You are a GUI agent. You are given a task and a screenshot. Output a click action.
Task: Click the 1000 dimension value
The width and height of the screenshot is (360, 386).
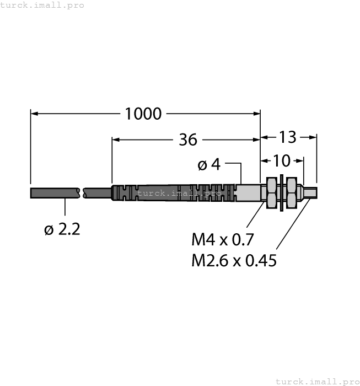click(143, 114)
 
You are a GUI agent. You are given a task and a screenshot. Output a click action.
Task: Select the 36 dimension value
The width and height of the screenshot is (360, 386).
click(188, 140)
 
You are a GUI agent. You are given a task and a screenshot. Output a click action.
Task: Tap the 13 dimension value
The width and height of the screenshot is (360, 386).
click(288, 137)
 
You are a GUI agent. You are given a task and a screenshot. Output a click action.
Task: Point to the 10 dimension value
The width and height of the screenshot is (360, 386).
click(281, 160)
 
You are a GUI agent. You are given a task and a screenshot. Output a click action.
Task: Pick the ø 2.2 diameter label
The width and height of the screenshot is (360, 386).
click(62, 229)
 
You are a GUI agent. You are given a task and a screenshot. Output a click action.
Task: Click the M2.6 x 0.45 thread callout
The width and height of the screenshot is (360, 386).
click(234, 260)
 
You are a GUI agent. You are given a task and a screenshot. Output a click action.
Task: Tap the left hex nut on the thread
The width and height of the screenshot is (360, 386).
click(271, 192)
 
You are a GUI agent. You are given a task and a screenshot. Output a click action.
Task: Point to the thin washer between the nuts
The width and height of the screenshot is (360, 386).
click(282, 192)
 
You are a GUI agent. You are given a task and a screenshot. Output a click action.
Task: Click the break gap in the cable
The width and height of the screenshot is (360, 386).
click(82, 192)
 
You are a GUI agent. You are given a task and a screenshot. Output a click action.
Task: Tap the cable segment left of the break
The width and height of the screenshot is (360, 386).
click(55, 192)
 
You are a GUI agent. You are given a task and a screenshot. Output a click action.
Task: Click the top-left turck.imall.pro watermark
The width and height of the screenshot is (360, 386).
click(42, 5)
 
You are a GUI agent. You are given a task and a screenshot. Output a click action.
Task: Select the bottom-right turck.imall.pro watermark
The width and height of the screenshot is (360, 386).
click(316, 381)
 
